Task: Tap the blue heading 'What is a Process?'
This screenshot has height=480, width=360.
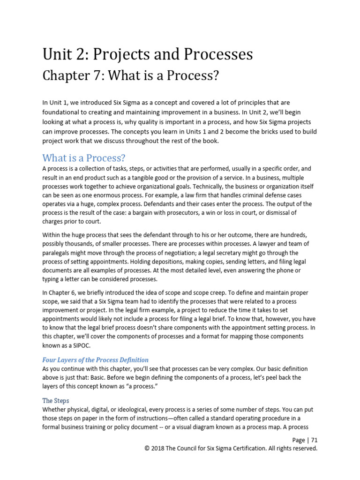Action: coord(84,157)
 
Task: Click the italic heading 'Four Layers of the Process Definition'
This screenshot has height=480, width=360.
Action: coord(96,360)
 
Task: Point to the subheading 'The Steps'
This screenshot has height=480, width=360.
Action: coord(56,401)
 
